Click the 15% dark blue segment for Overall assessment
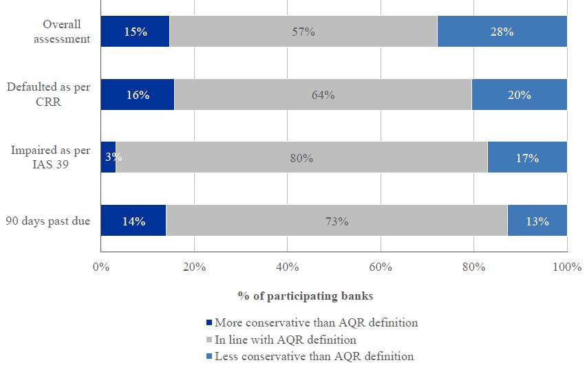(x=135, y=32)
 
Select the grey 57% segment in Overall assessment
(x=303, y=32)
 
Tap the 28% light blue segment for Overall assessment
(x=502, y=32)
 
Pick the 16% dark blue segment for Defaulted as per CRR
(x=138, y=95)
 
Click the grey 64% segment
(x=323, y=95)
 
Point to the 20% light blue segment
(x=519, y=95)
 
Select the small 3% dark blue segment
(x=108, y=158)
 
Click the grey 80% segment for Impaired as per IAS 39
(x=301, y=158)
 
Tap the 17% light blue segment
(x=527, y=158)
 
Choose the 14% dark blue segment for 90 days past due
(x=134, y=221)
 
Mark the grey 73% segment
(x=337, y=221)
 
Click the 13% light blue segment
(x=537, y=221)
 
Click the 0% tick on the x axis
(x=101, y=267)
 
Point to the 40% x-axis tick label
(x=287, y=267)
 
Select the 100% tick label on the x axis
(x=566, y=267)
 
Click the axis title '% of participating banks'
(x=305, y=296)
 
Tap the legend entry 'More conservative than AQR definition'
(x=316, y=322)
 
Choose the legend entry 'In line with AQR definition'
(x=285, y=340)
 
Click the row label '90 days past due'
(x=48, y=221)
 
